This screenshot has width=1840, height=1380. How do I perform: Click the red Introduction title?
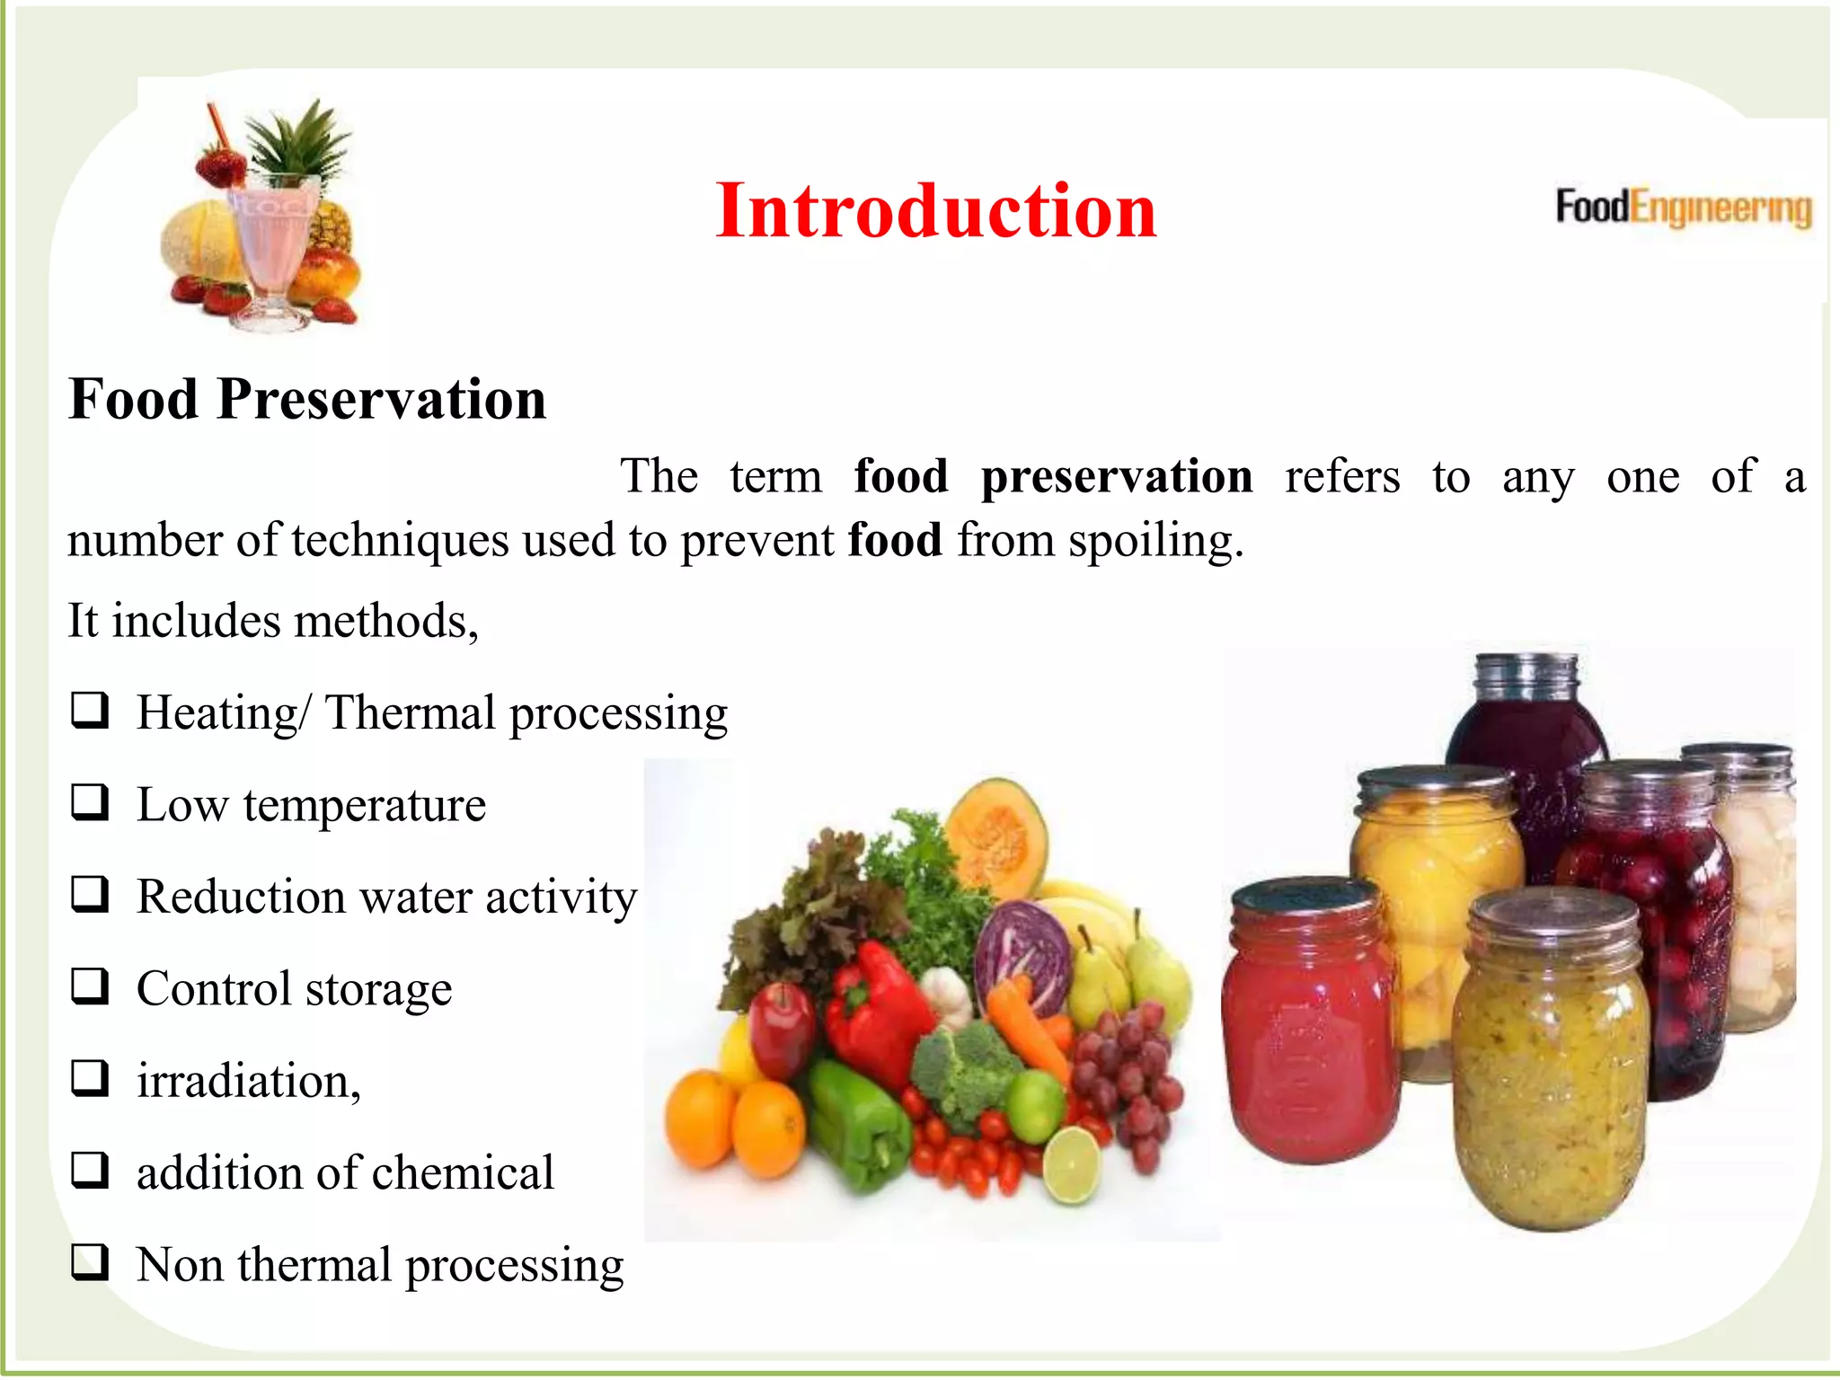(935, 211)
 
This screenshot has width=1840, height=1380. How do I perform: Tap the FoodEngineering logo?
(1683, 208)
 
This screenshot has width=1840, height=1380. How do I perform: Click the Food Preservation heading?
(307, 399)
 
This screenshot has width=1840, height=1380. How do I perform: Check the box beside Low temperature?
(91, 802)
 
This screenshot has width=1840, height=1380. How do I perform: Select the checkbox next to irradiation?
(91, 1078)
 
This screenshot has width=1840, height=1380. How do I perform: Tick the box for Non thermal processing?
(91, 1262)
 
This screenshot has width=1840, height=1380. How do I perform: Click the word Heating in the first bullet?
(217, 713)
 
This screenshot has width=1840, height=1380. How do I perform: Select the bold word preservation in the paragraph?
(1116, 476)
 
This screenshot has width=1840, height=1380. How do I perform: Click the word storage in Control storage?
(378, 989)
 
